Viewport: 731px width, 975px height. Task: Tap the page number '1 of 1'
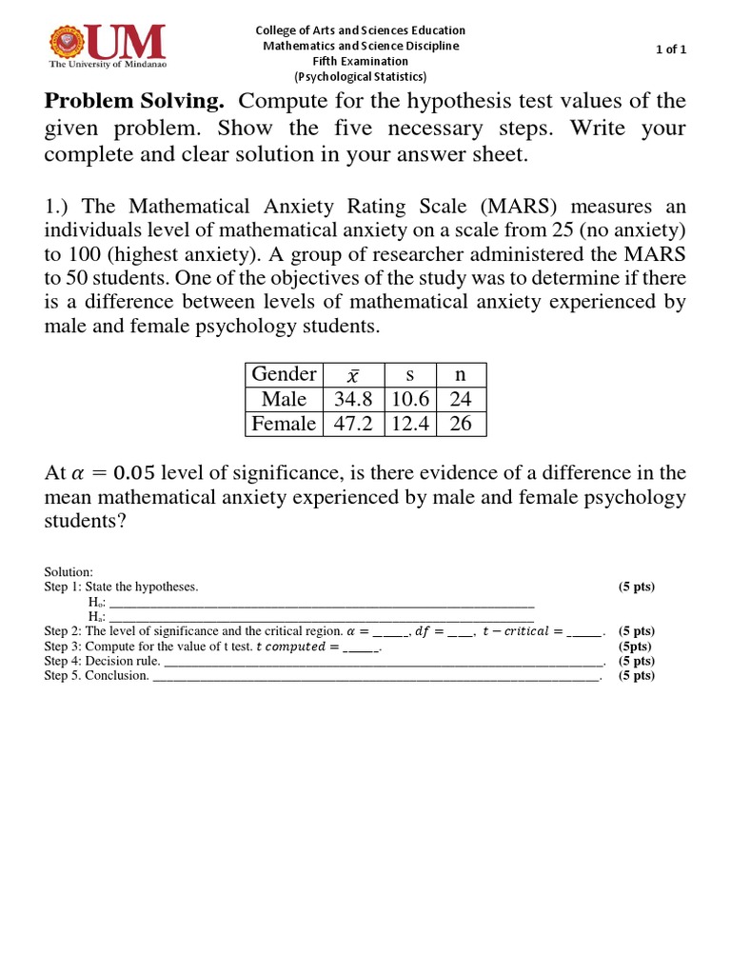pyautogui.click(x=672, y=50)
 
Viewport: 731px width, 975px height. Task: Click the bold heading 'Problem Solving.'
pyautogui.click(x=134, y=101)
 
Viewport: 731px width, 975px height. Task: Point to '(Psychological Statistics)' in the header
pyautogui.click(x=361, y=76)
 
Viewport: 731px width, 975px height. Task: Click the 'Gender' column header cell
pyautogui.click(x=284, y=374)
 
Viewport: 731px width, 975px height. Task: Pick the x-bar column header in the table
pyautogui.click(x=353, y=375)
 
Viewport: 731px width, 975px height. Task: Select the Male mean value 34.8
pyautogui.click(x=353, y=399)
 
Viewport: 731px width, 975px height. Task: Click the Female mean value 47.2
pyautogui.click(x=353, y=424)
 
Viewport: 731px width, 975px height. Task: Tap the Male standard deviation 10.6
pyautogui.click(x=410, y=399)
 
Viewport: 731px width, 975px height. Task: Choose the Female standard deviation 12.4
pyautogui.click(x=410, y=424)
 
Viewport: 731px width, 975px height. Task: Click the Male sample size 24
pyautogui.click(x=461, y=399)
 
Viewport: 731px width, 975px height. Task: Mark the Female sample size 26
pyautogui.click(x=461, y=424)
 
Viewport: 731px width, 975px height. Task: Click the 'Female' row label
pyautogui.click(x=284, y=424)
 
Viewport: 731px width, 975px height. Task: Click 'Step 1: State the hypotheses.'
pyautogui.click(x=121, y=587)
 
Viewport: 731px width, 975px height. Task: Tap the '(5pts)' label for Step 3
pyautogui.click(x=635, y=646)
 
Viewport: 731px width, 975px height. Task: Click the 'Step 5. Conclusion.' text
pyautogui.click(x=96, y=676)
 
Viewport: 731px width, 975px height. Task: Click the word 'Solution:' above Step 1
pyautogui.click(x=69, y=571)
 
